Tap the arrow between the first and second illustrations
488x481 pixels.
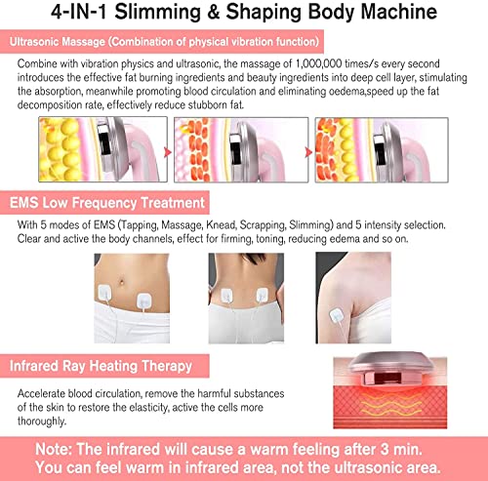coord(161,146)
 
